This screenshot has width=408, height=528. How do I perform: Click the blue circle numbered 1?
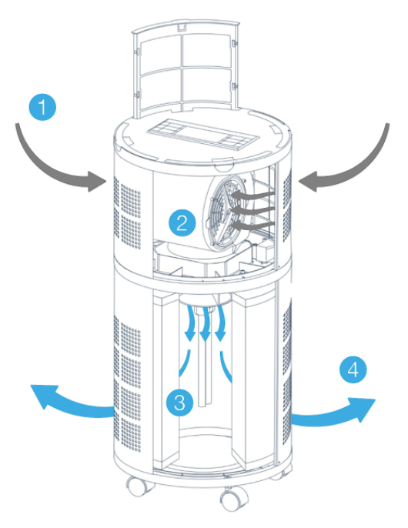pyautogui.click(x=42, y=107)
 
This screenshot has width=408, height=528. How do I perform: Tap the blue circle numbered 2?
pyautogui.click(x=182, y=222)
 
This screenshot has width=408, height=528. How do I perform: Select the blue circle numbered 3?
pyautogui.click(x=180, y=402)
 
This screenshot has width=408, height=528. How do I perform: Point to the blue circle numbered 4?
pyautogui.click(x=353, y=369)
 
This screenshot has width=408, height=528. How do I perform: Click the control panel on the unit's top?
pyautogui.click(x=203, y=134)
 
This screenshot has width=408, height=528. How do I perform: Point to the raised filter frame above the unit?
pyautogui.click(x=186, y=68)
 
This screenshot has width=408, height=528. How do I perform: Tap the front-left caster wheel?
pyautogui.click(x=139, y=486)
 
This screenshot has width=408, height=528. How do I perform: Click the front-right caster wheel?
pyautogui.click(x=232, y=500)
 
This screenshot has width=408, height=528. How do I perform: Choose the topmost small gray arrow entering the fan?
pyautogui.click(x=252, y=195)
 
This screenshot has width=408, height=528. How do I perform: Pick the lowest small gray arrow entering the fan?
pyautogui.click(x=252, y=225)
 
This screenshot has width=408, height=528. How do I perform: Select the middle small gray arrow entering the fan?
pyautogui.click(x=252, y=210)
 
